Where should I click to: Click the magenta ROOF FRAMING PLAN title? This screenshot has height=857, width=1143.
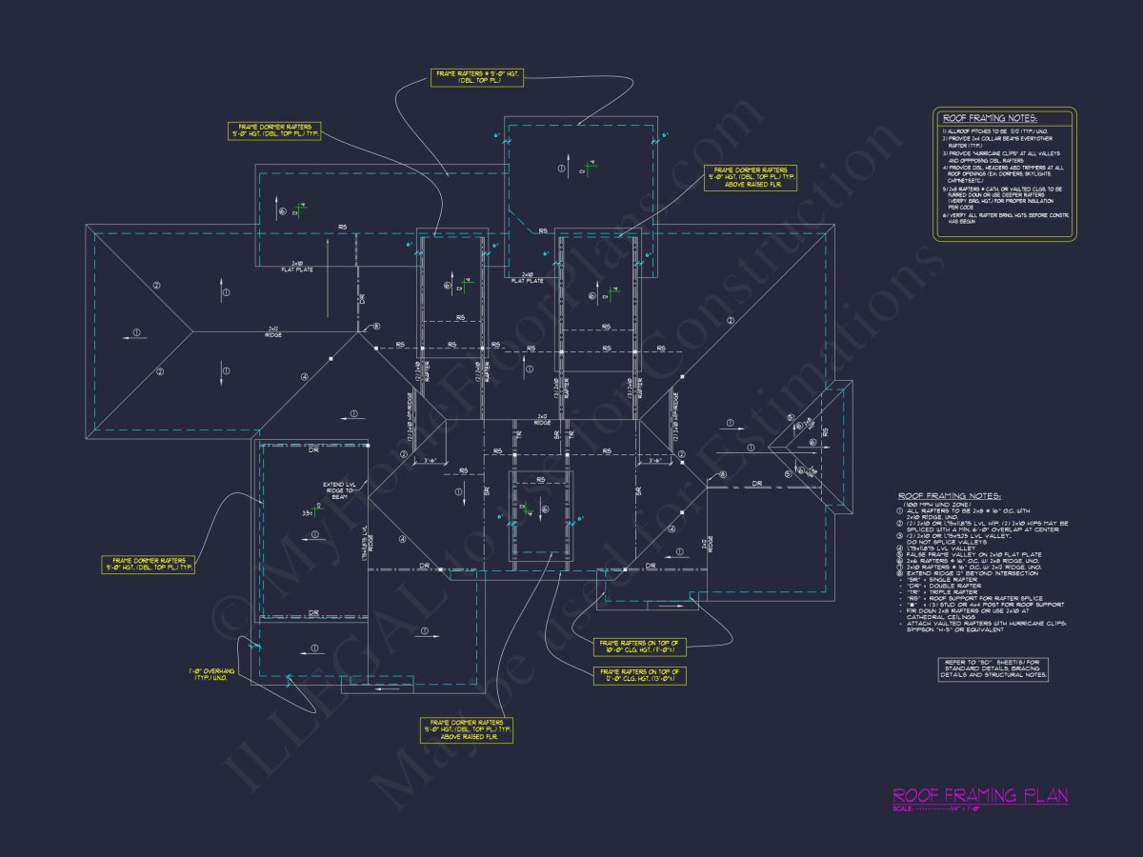(x=979, y=795)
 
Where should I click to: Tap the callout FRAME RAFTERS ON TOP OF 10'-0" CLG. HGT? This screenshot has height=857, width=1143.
(x=639, y=648)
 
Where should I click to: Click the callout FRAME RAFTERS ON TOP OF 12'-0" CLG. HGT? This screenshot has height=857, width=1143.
(x=639, y=676)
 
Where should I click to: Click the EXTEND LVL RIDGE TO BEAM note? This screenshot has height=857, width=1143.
(x=338, y=490)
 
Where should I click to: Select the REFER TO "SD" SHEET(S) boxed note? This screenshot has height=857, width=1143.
(x=994, y=668)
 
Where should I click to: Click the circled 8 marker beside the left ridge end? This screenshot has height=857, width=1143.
(x=376, y=326)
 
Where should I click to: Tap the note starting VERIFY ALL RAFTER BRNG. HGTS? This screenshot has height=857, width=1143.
(x=1006, y=219)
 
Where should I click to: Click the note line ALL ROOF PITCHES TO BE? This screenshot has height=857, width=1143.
(x=990, y=130)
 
